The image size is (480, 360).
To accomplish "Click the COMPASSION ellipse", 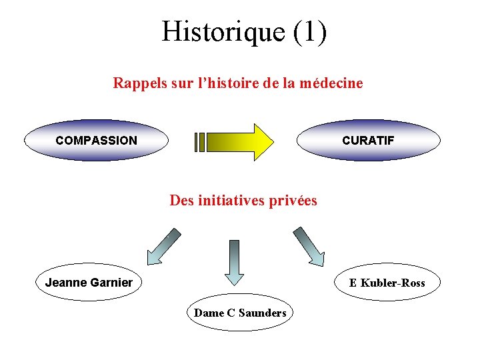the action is (x=96, y=141).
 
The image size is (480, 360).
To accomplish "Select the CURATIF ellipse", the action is (x=368, y=141).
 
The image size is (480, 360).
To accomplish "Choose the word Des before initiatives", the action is (x=181, y=201).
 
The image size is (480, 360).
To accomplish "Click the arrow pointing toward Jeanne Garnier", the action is (x=163, y=247).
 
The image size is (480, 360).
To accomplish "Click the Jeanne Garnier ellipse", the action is (x=89, y=283).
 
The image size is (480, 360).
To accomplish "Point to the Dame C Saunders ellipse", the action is (x=240, y=313).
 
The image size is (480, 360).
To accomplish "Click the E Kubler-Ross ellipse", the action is (x=387, y=283).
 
